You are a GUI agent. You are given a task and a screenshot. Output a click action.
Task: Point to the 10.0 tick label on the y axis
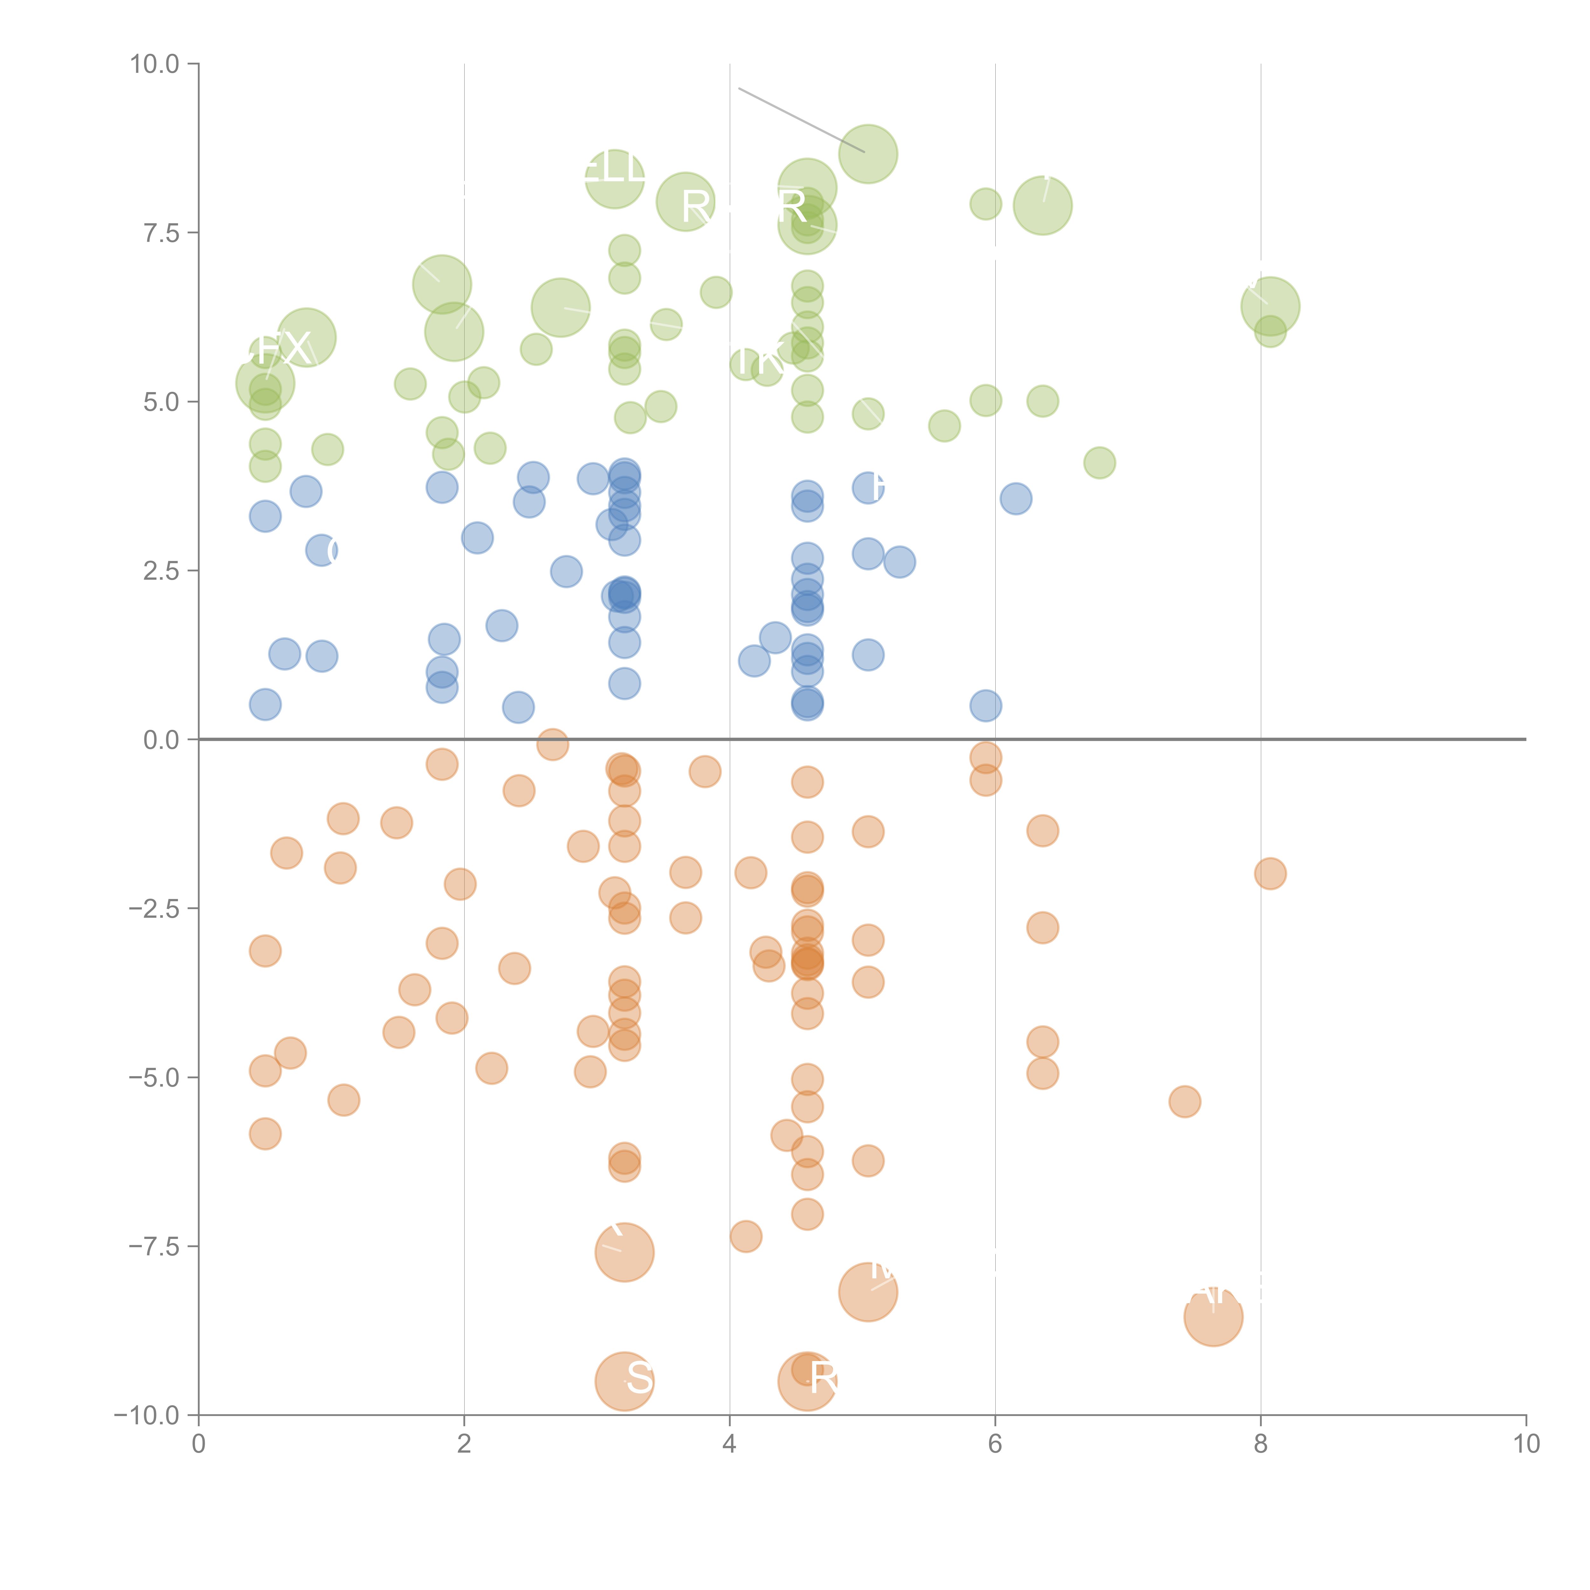pos(155,64)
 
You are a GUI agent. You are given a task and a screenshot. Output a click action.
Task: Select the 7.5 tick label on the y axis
pos(161,233)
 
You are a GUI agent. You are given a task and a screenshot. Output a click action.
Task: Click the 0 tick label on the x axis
pos(198,1444)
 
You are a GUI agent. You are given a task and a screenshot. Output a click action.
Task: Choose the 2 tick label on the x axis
pos(464,1444)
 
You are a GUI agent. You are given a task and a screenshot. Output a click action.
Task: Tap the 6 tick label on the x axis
pos(995,1444)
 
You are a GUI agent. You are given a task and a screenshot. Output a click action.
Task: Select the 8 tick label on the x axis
pos(1261,1444)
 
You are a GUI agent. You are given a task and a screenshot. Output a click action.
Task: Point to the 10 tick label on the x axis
pos(1526,1444)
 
